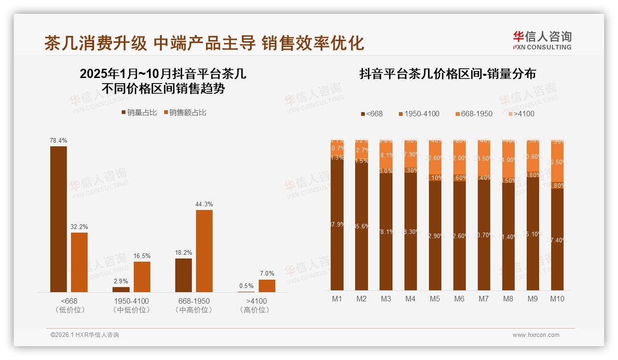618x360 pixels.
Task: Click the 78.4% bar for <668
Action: point(59,219)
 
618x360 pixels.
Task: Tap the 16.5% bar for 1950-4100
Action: point(142,276)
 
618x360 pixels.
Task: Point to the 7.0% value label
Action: point(267,274)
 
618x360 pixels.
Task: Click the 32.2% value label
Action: point(79,227)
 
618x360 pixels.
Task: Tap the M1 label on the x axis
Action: point(337,299)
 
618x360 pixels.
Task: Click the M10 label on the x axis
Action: point(557,299)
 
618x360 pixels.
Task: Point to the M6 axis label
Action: point(459,299)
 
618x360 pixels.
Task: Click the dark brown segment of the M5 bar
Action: point(435,235)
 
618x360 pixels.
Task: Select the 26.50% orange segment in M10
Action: point(557,162)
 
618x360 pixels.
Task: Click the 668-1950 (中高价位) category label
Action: point(194,305)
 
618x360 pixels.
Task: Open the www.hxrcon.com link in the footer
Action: point(535,335)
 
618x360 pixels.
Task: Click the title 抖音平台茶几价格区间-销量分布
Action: point(447,74)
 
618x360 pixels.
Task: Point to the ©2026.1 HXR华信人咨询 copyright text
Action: point(84,335)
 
